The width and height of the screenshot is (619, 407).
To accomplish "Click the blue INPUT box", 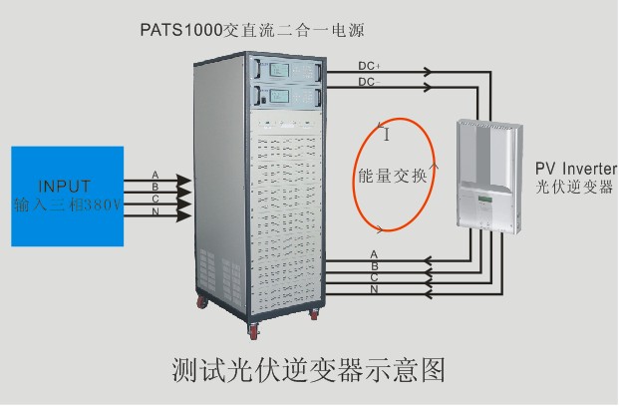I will tap(67, 196).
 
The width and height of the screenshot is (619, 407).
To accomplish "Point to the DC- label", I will tap(370, 81).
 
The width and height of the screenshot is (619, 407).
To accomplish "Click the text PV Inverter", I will tap(576, 168).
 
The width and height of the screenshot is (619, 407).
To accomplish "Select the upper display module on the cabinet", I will tap(287, 70).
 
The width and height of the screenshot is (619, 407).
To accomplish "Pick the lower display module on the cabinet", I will tap(287, 97).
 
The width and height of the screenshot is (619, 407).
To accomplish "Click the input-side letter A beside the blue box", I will tap(155, 175).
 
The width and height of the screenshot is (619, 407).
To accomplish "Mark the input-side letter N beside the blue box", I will tap(155, 211).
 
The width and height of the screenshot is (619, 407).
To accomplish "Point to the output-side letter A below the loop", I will tap(373, 254).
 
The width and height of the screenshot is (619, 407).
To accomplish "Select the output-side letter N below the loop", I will tap(373, 289).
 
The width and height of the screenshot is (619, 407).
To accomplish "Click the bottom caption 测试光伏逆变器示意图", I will tap(306, 369).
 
